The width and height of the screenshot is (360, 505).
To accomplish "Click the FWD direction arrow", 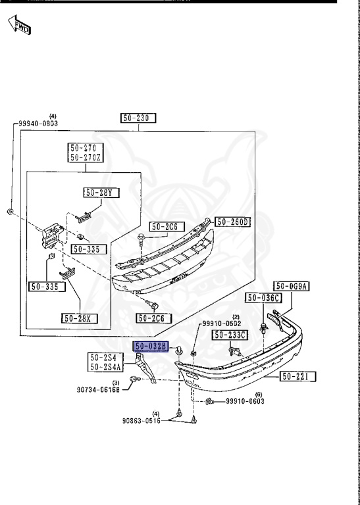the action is pos(19,25).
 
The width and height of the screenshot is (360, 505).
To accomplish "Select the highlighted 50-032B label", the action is pos(151,347).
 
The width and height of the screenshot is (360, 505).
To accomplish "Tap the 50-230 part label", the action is pos(138,118).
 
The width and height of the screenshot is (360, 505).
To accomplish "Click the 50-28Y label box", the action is pos(101,193).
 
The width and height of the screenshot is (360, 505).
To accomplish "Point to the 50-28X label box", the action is pos(79,318).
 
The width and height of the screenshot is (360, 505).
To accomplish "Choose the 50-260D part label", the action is pos(233,222).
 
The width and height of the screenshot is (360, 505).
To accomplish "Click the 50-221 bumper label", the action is pos(298,376).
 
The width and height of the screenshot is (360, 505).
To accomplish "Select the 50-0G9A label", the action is pos(292,286).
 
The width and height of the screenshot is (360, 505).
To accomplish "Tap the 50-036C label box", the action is pos(263,298).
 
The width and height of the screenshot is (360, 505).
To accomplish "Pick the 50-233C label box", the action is pos(230,335).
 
